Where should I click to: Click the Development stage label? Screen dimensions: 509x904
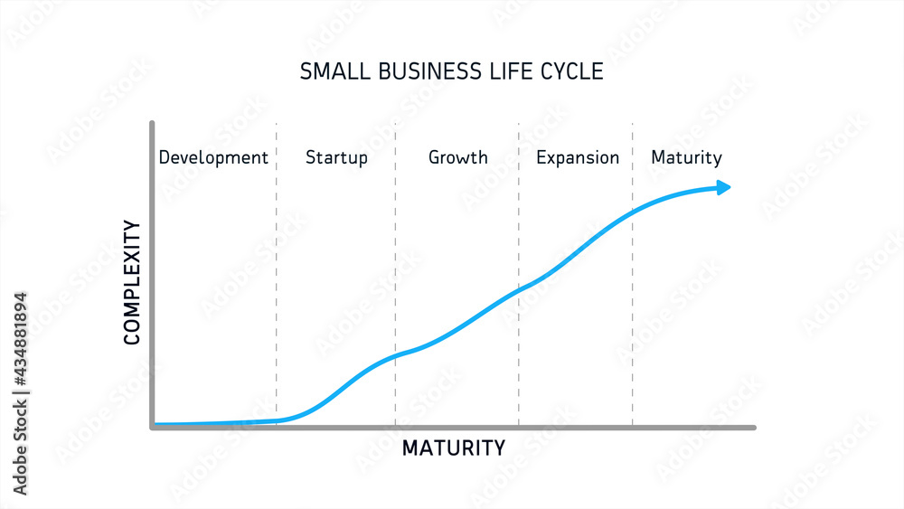[x=213, y=157]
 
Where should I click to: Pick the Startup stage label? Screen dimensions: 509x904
[x=336, y=158]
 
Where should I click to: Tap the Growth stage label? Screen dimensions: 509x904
[x=457, y=157]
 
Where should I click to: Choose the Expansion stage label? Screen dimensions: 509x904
[x=578, y=158]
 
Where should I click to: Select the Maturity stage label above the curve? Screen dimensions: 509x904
[x=686, y=158]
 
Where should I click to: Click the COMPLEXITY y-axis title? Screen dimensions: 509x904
[x=132, y=282]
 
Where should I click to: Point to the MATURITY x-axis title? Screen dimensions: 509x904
[x=453, y=448]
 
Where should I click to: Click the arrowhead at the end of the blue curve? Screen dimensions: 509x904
[x=723, y=187]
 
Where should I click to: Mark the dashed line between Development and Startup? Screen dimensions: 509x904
[x=277, y=271]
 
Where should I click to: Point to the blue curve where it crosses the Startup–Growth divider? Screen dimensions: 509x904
[x=395, y=355]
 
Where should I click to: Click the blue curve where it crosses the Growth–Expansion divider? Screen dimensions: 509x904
[x=518, y=290]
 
